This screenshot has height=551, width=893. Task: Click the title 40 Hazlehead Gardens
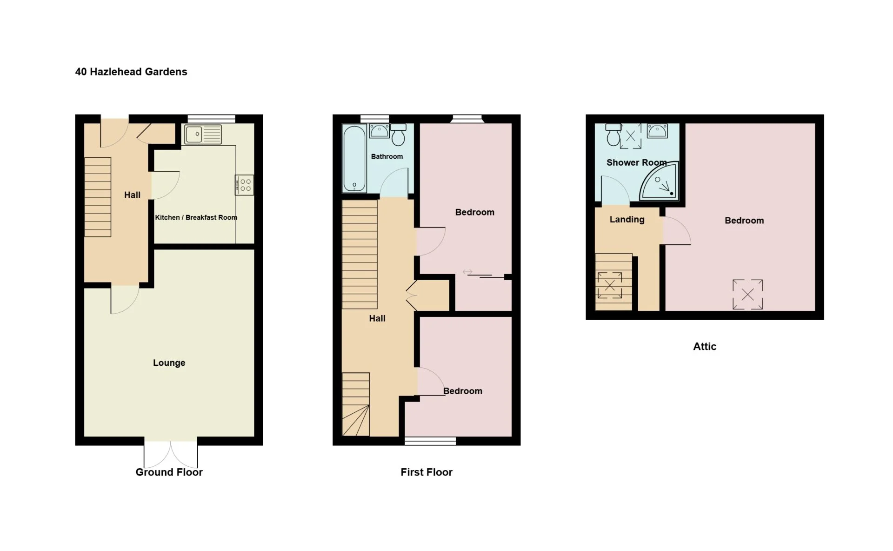131,72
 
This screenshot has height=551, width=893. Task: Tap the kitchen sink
203,134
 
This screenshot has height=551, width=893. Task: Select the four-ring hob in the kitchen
245,185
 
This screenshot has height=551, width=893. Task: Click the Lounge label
169,363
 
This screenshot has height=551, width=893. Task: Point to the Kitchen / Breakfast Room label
196,217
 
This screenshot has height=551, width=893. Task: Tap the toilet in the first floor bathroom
398,134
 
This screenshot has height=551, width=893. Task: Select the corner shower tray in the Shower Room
660,181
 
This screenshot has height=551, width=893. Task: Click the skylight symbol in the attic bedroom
748,294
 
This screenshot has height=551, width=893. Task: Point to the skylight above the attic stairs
610,285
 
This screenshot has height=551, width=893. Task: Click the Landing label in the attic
627,219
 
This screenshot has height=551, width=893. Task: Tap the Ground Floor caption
169,472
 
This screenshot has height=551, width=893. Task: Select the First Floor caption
427,472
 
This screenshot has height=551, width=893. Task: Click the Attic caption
705,346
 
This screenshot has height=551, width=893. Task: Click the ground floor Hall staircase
98,197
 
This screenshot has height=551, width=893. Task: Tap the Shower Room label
637,162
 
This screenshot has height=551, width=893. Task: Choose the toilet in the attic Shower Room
613,134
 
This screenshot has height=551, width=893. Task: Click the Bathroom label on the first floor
387,156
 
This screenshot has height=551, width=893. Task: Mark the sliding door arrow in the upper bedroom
467,272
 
